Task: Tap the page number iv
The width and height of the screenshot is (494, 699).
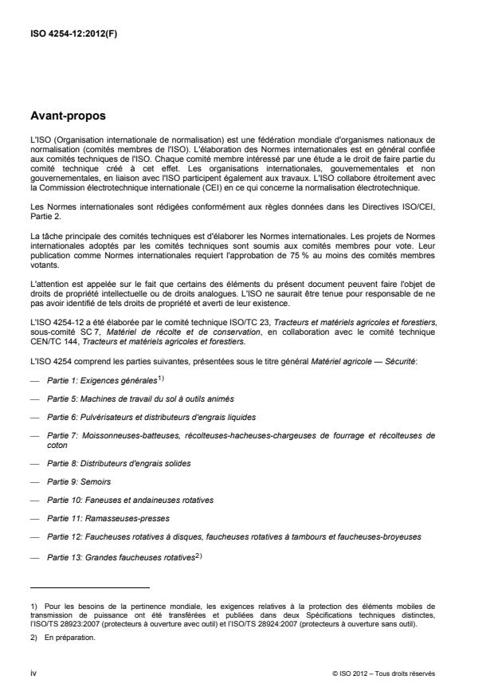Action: coord(33,673)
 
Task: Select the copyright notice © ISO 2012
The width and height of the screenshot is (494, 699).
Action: coord(384,674)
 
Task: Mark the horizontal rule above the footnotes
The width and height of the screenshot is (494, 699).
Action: coord(89,587)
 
